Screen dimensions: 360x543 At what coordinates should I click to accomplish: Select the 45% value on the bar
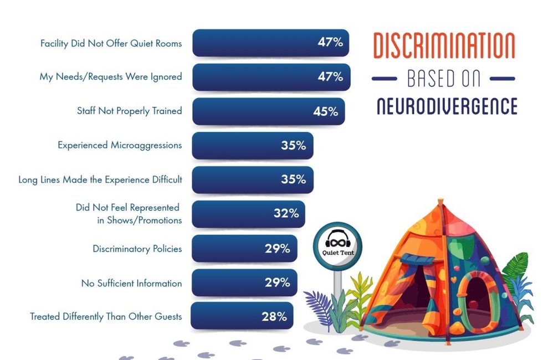pos(325,111)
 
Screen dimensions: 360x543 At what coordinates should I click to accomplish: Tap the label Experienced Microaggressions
pos(120,145)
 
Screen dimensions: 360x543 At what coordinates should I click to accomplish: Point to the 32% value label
pos(286,214)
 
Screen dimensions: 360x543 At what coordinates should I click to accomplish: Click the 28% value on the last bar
pos(274,317)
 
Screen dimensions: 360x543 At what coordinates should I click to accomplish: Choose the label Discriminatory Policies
pos(137,249)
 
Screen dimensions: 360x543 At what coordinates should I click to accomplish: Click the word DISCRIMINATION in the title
pos(444,46)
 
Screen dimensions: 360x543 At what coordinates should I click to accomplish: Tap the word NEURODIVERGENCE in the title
pos(447,106)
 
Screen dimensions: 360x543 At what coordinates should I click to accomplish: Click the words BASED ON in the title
pos(444,79)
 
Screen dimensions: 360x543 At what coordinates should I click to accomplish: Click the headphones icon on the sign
pos(337,241)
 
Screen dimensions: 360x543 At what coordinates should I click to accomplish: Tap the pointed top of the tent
pos(440,201)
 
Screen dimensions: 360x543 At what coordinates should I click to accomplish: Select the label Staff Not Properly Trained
pos(129,111)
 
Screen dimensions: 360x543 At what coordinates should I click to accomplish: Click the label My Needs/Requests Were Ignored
pos(110,76)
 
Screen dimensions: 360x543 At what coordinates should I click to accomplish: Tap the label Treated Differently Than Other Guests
pos(106,317)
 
